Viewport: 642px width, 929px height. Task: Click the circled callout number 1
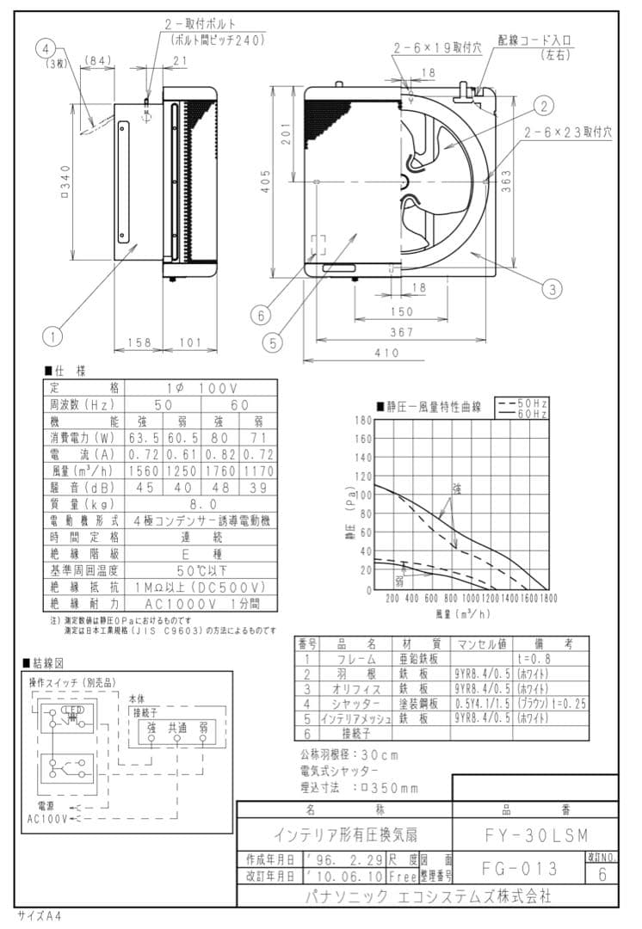54,330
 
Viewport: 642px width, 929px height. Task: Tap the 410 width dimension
386,352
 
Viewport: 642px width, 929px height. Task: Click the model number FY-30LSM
534,834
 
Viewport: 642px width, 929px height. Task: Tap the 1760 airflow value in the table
220,471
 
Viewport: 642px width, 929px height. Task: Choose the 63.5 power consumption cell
145,438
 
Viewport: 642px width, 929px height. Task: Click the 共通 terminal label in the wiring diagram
176,726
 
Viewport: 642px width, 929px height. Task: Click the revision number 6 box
602,874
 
